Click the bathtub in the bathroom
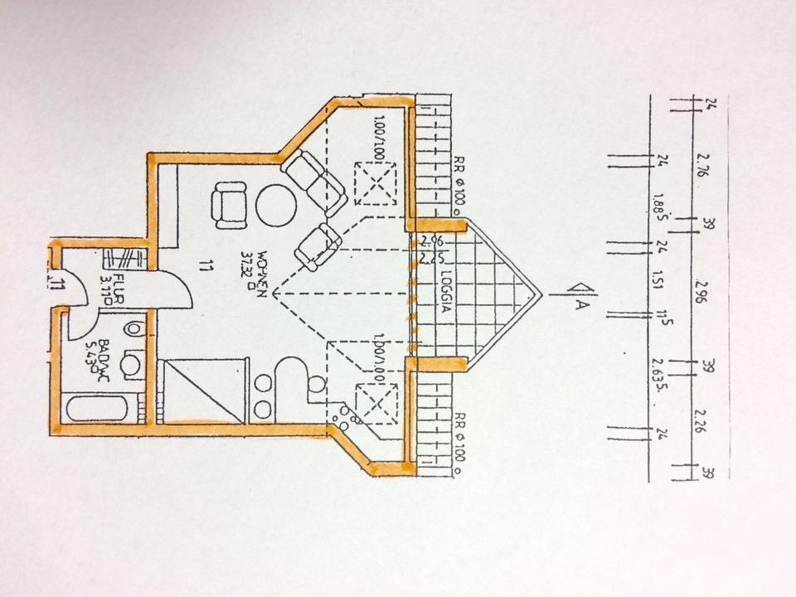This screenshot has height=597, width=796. pyautogui.click(x=97, y=409)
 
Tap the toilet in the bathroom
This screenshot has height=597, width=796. pyautogui.click(x=134, y=329)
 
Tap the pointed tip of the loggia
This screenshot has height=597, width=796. pyautogui.click(x=541, y=292)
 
